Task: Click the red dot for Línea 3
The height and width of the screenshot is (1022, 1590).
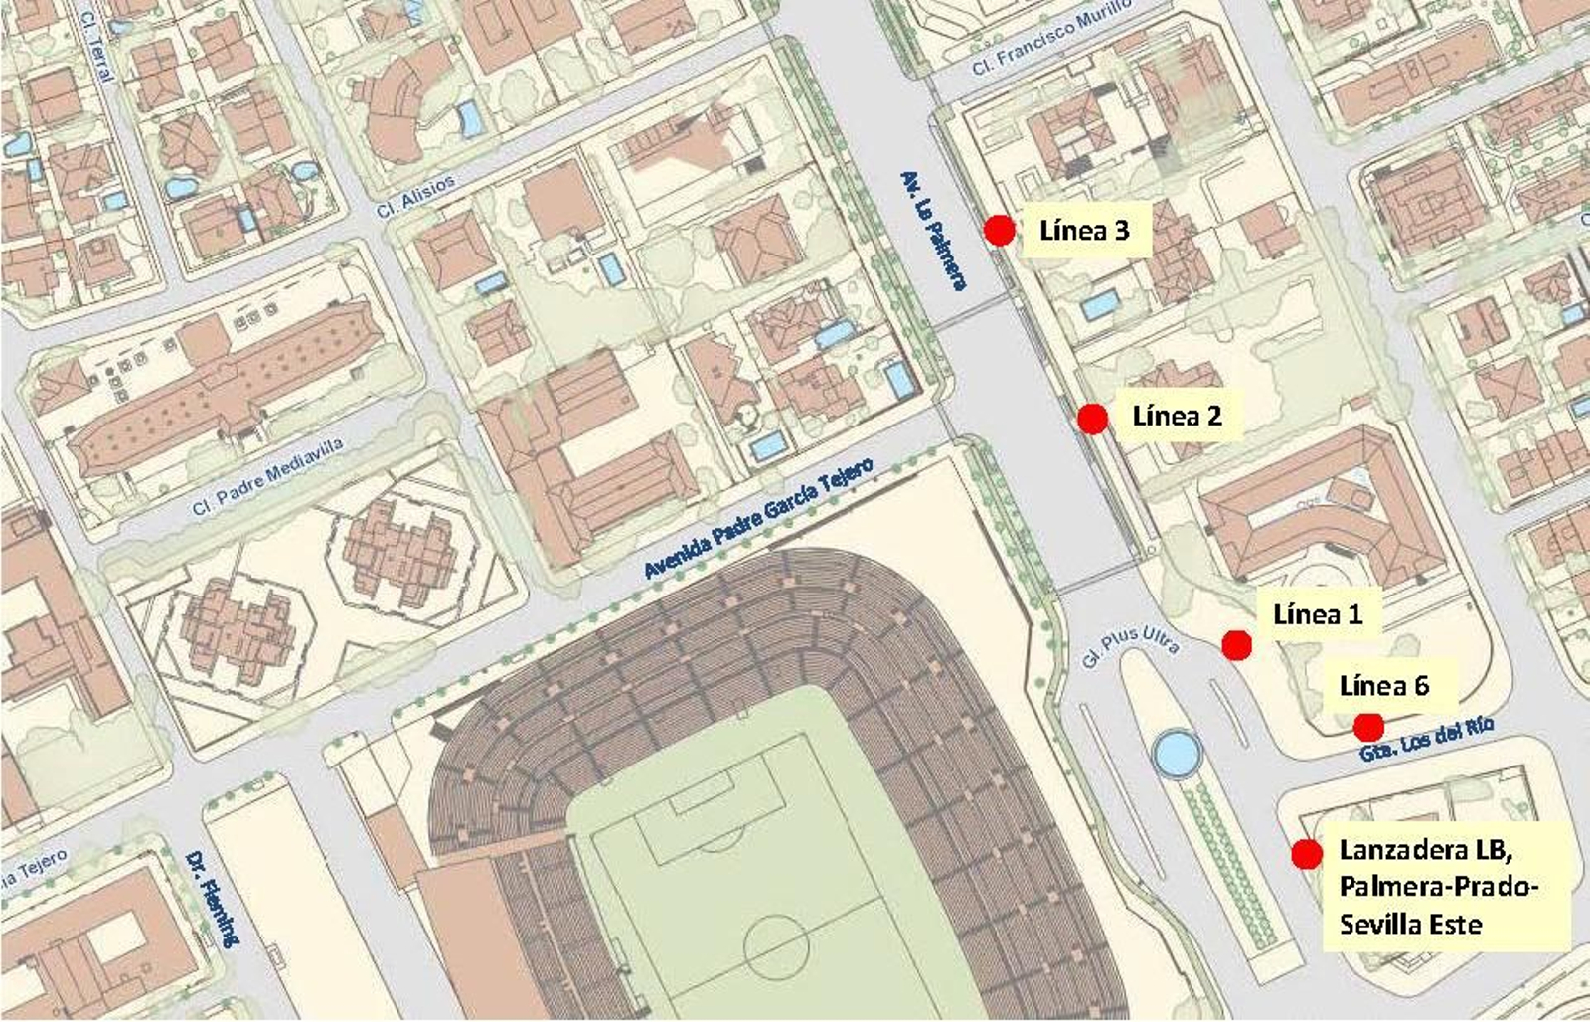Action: [999, 231]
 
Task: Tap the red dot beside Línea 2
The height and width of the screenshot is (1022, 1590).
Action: [1092, 419]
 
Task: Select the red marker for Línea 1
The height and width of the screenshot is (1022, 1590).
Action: [1236, 645]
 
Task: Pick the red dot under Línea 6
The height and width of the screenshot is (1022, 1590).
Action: [1368, 727]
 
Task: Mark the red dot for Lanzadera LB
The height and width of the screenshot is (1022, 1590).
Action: [1306, 854]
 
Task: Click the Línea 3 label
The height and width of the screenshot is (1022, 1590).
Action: [1084, 231]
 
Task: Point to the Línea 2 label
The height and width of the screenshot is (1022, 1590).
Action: [1177, 416]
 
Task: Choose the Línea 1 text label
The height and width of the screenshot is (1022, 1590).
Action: [1317, 614]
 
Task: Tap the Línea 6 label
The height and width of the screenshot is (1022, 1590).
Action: [1384, 686]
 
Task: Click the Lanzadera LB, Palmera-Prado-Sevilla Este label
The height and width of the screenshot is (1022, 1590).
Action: [1438, 887]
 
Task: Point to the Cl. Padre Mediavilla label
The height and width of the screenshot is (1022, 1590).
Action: [267, 477]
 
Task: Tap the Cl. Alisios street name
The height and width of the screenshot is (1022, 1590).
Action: [415, 197]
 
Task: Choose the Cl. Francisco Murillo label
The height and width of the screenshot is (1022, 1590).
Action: [1051, 41]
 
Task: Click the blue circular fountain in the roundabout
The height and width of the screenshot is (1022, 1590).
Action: [1178, 755]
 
